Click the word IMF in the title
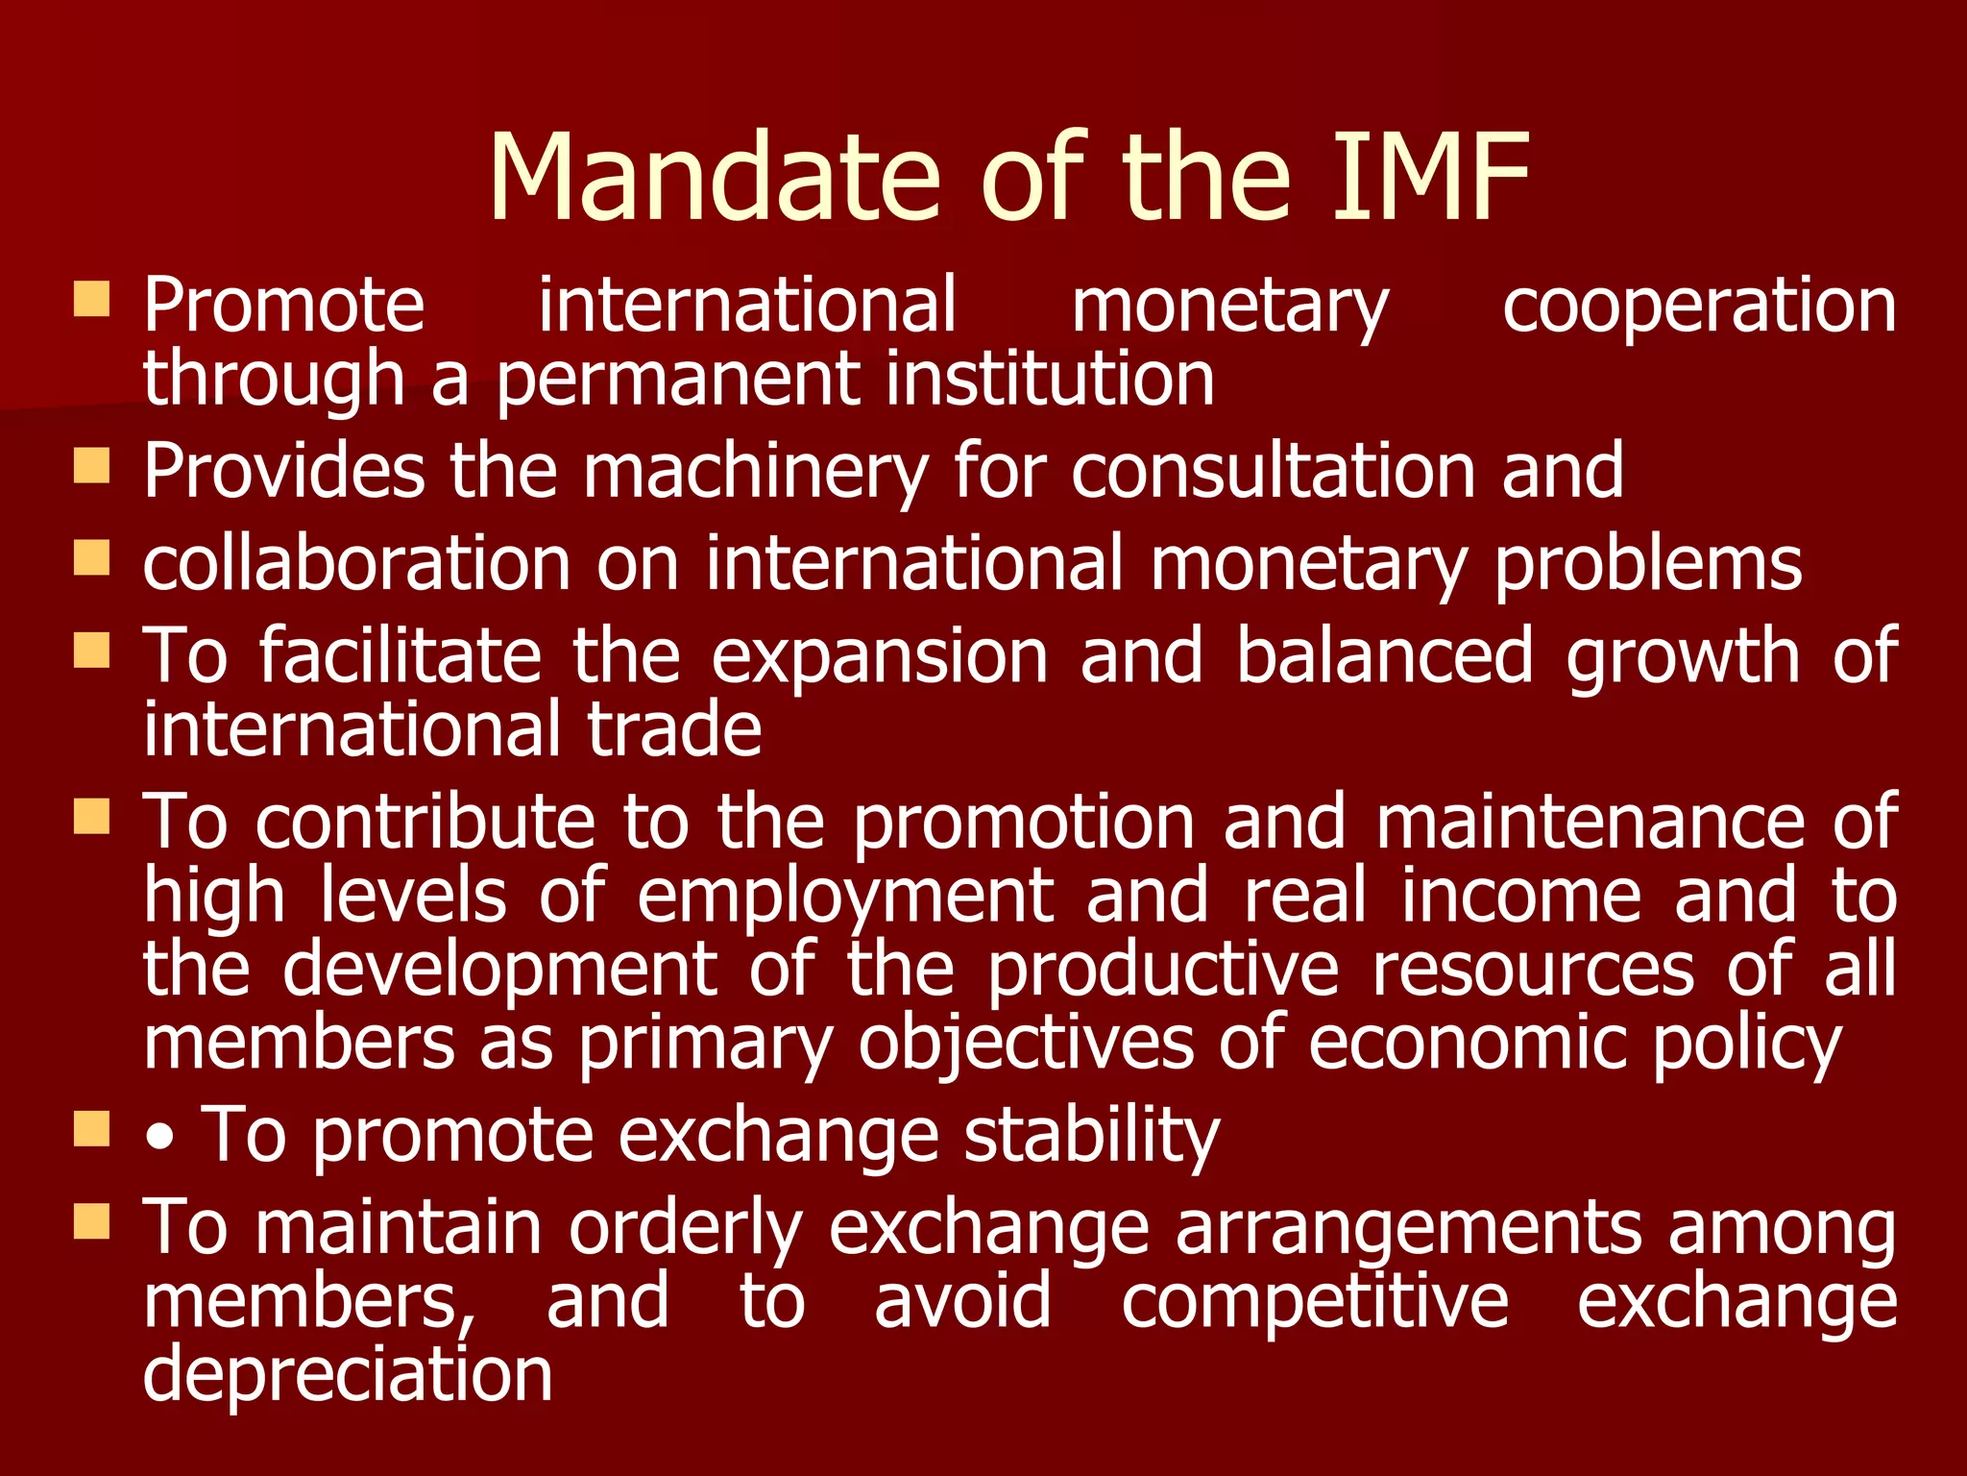[1429, 178]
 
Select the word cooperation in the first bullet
[1699, 306]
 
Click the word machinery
[755, 472]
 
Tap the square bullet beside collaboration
[92, 556]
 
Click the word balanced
[1384, 656]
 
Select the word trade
[674, 729]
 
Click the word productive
[1162, 970]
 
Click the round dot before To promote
[161, 1140]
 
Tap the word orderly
[686, 1229]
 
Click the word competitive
[1315, 1302]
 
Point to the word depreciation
[348, 1375]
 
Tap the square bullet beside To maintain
[92, 1222]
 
